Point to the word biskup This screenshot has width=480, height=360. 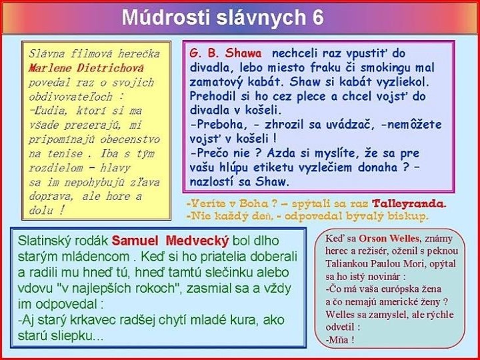[x=406, y=216]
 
